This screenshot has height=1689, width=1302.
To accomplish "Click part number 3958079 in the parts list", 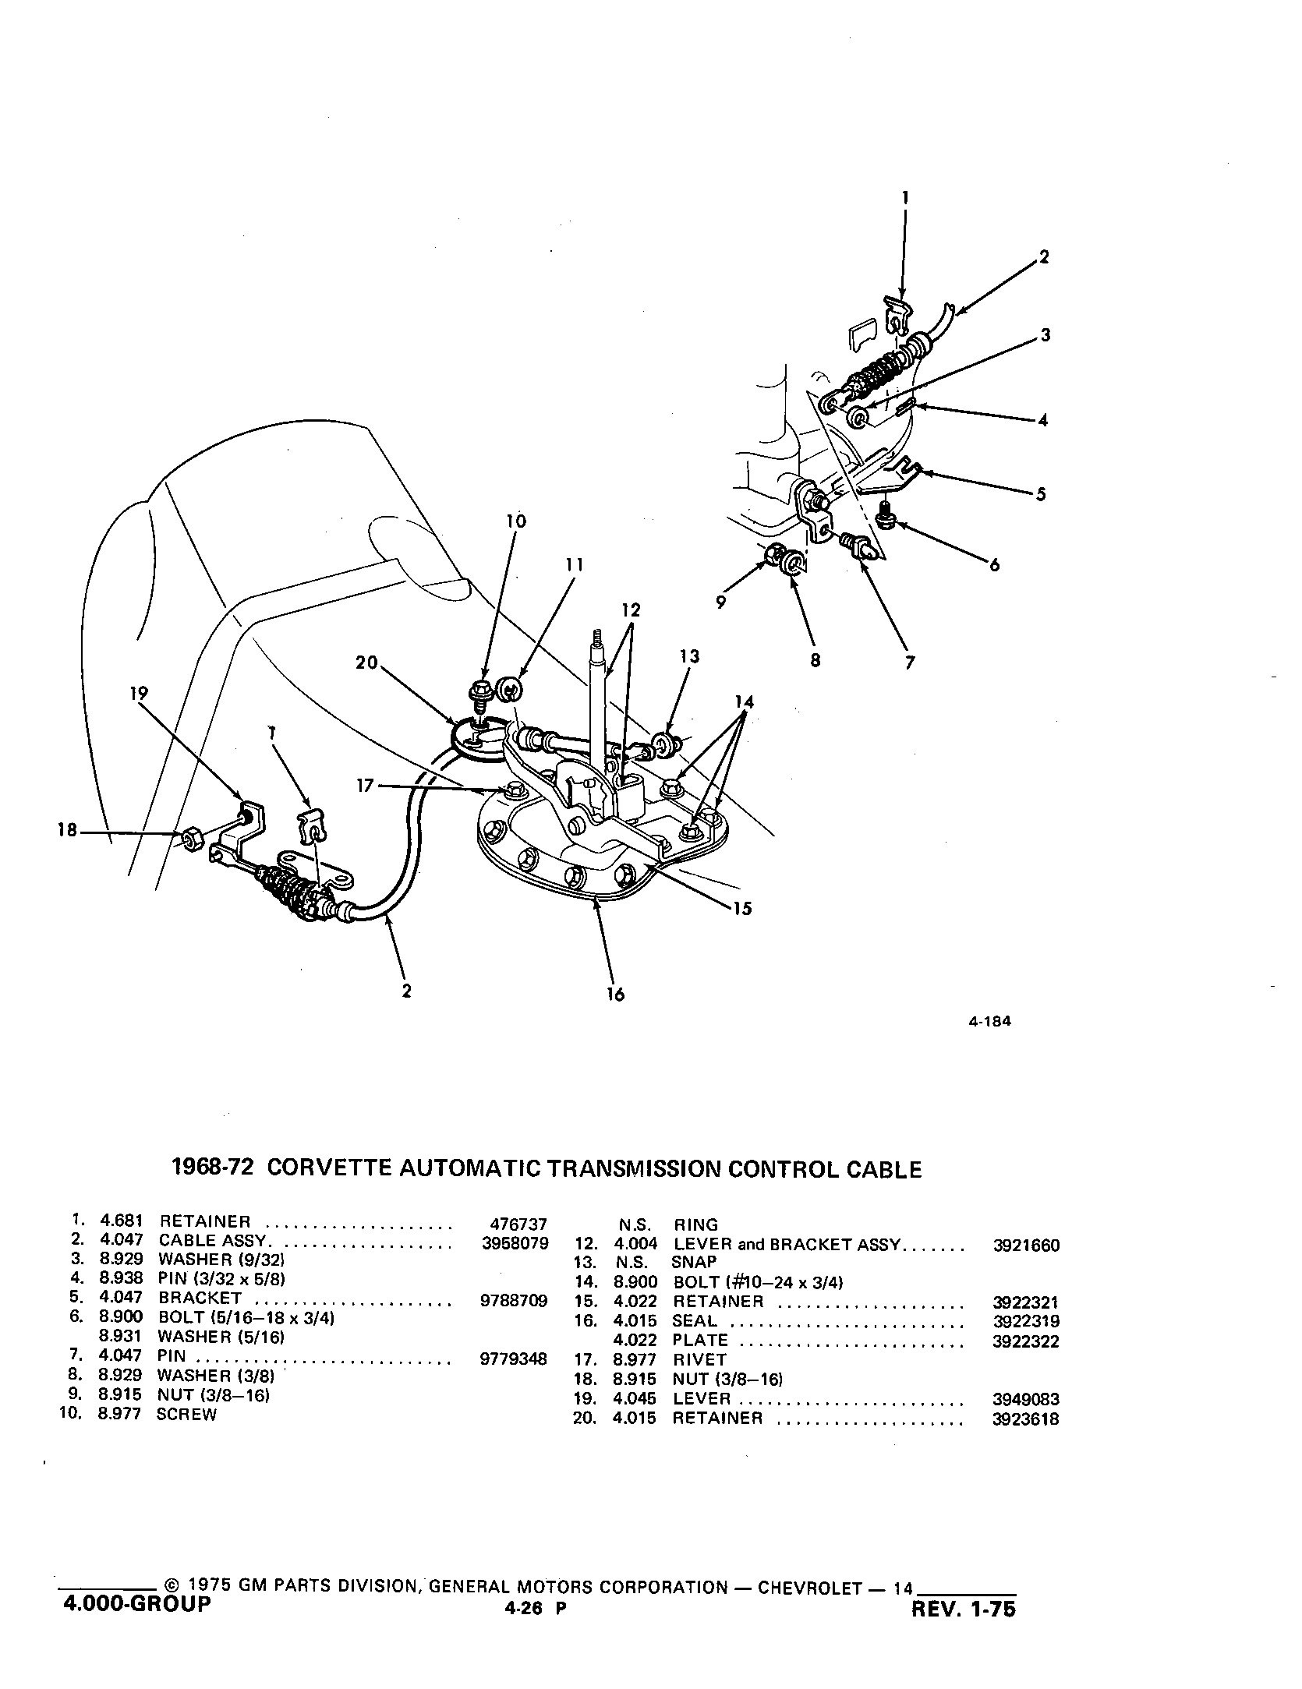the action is click(x=515, y=1243).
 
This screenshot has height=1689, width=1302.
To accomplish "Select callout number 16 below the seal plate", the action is click(x=616, y=995).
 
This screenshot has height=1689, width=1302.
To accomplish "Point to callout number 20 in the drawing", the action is click(x=366, y=663).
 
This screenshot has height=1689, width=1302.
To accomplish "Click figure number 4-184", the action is click(x=989, y=1022).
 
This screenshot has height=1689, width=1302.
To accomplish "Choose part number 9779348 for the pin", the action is click(x=515, y=1359).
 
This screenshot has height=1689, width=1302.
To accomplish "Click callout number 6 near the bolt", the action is click(x=994, y=566).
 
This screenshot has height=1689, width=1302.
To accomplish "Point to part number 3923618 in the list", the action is click(x=1026, y=1419).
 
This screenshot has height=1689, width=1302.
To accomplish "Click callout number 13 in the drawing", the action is click(x=689, y=656).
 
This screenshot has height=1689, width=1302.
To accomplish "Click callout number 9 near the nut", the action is click(x=720, y=602).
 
